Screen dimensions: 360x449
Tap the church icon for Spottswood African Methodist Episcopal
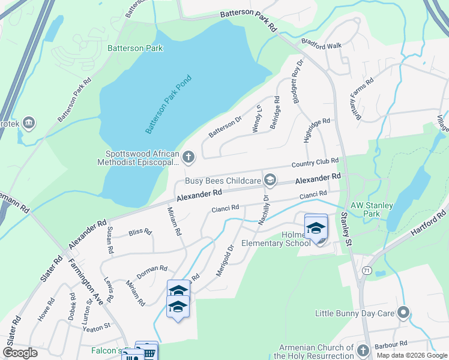[x=188, y=158]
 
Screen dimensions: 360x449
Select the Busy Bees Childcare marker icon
[x=271, y=179]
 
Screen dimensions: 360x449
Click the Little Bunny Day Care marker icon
[x=403, y=313]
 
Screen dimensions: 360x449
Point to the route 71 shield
[x=366, y=271]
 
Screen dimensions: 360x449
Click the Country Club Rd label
[x=315, y=163]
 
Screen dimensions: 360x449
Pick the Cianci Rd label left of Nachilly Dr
[x=225, y=208]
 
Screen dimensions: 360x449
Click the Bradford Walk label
[x=321, y=46]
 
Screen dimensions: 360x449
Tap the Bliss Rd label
[x=140, y=232]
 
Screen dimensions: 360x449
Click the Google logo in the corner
[x=20, y=353]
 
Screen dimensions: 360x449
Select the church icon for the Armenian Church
[x=363, y=350]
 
